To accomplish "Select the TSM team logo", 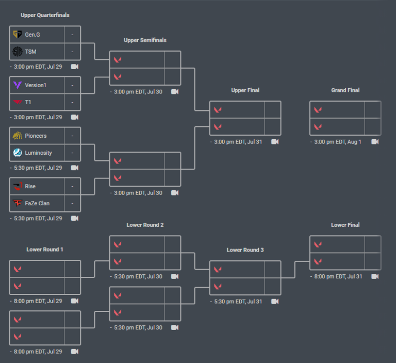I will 17,52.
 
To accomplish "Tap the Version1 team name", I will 36,85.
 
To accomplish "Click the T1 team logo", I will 17,102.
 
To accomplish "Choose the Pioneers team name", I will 36,136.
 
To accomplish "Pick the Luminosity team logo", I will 17,153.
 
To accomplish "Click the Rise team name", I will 30,186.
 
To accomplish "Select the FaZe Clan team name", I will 37,203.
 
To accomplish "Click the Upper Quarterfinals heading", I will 45,15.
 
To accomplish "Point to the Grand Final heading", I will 345,90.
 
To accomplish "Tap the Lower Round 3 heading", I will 245,250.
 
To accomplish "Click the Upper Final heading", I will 245,90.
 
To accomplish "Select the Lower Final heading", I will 345,225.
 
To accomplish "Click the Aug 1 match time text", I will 338,142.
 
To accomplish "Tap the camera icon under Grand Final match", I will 375,142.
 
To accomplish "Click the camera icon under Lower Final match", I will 375,276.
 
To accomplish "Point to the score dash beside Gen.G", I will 72,35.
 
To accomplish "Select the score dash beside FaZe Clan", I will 72,203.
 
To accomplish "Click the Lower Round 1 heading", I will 45,250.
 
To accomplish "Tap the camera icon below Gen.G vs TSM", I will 75,67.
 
